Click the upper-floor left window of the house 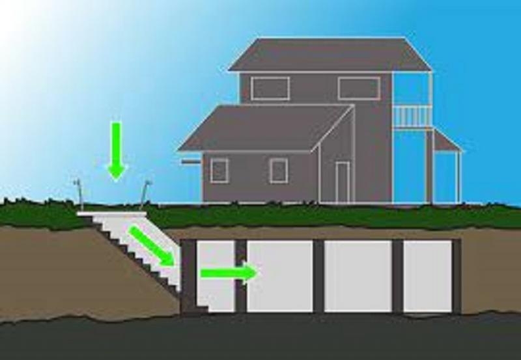tap(270, 89)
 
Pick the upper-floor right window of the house tap(359, 89)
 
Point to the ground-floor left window tap(219, 171)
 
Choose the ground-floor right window tap(279, 171)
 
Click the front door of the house tap(343, 182)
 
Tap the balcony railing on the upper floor tap(412, 117)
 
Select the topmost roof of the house tap(329, 55)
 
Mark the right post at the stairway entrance tap(146, 193)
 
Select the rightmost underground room tap(428, 276)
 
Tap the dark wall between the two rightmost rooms tap(397, 276)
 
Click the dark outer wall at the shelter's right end tap(457, 276)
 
